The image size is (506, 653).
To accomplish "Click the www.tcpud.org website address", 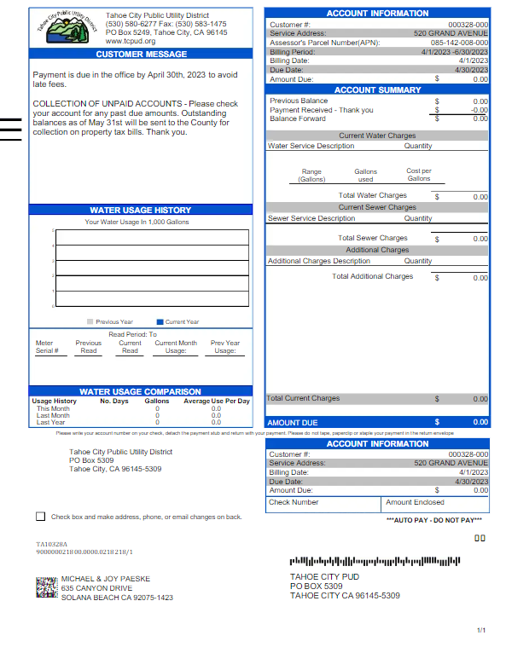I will tap(131, 41).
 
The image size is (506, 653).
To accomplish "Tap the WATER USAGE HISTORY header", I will tap(141, 210).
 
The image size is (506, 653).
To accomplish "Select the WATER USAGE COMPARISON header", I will tap(141, 392).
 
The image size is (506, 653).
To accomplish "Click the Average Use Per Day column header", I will tap(217, 401).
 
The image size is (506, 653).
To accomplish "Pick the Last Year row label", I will tap(50, 422).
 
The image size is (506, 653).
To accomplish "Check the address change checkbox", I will tap(40, 517).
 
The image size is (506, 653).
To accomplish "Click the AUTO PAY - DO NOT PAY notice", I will tap(445, 520).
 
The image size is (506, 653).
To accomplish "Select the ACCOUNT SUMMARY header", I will tap(377, 90).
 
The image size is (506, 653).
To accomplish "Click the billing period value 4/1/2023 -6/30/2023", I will tap(455, 52).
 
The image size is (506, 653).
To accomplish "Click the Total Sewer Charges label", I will tap(372, 239).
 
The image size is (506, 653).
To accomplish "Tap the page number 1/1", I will tap(481, 630).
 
